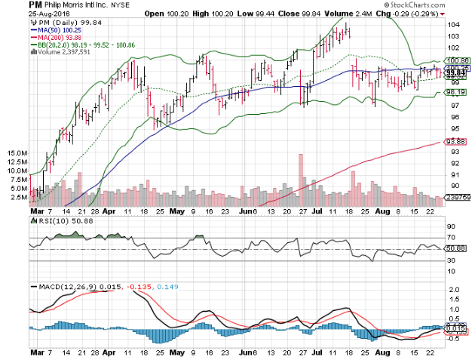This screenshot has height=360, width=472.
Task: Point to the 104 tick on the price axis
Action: [453, 25]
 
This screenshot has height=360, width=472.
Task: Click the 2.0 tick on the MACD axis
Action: [452, 290]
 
